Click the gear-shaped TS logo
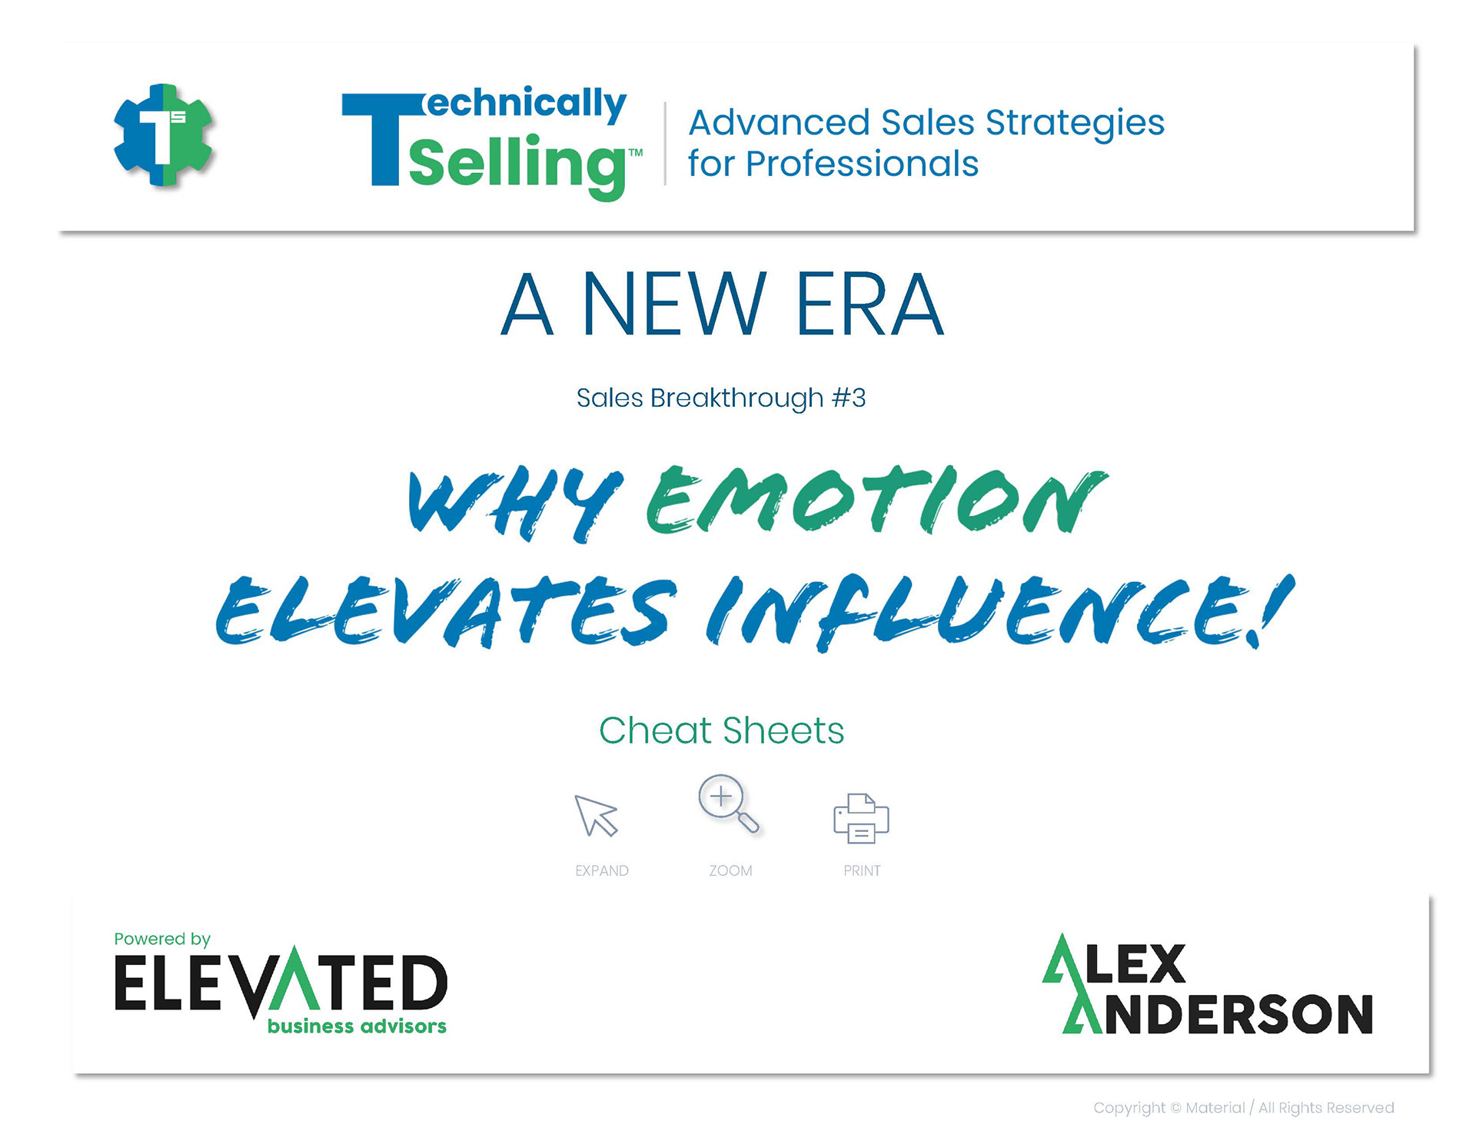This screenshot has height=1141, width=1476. pos(163,135)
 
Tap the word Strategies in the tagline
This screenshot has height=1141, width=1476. pos(1075,124)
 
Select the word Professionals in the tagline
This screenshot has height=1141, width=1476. pos(862,164)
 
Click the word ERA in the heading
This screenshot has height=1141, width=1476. pos(869,304)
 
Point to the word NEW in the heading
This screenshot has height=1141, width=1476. pos(674,304)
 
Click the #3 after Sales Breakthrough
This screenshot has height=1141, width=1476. pos(849,398)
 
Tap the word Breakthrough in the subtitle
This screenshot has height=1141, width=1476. pos(736,399)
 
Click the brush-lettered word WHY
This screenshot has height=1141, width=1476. pos(515,504)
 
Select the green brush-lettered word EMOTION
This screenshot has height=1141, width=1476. pos(876,500)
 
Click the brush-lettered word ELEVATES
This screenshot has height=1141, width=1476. pos(446,610)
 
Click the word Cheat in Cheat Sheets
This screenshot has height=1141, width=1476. pos(655,730)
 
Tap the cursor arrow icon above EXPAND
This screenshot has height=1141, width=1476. pos(595,815)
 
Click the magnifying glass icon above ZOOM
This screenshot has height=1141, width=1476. pos(727,803)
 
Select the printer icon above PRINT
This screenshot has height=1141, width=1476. pos(861,817)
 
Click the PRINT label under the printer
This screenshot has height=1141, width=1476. pos(862,870)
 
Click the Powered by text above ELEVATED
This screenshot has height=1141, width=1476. pos(162,939)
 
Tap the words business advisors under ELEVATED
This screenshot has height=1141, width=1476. pos(357,1026)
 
